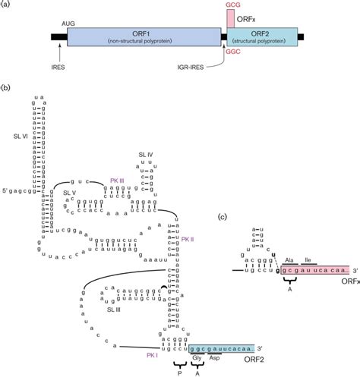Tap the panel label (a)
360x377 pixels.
coord(7,5)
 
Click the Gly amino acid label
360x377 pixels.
coord(197,356)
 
